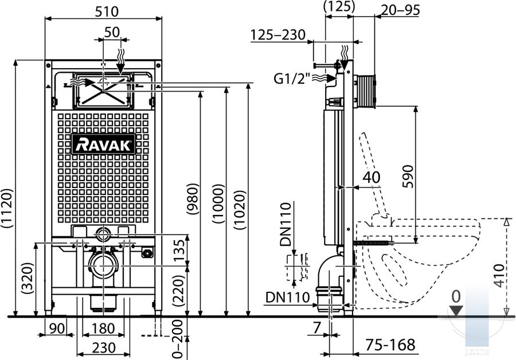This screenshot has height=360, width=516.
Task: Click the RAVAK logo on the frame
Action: pyautogui.click(x=103, y=144)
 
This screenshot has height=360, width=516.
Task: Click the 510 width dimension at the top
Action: pyautogui.click(x=107, y=12)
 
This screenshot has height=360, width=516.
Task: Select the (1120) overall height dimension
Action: pyautogui.click(x=7, y=208)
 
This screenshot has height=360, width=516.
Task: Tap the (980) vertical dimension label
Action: pyautogui.click(x=193, y=199)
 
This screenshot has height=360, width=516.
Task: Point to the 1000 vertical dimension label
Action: pyautogui.click(x=218, y=204)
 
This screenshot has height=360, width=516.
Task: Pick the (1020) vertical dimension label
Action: pyautogui.click(x=240, y=210)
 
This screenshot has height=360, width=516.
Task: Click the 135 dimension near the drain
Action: pyautogui.click(x=179, y=251)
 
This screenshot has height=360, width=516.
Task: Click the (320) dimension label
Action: pyautogui.click(x=28, y=279)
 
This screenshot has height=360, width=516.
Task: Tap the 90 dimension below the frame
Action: pyautogui.click(x=57, y=328)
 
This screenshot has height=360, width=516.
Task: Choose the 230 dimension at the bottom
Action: pyautogui.click(x=104, y=348)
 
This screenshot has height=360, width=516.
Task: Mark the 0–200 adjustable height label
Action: pyautogui.click(x=177, y=339)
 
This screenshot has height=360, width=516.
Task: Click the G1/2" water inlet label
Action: pyautogui.click(x=292, y=79)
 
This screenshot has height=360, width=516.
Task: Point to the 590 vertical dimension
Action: pyautogui.click(x=408, y=177)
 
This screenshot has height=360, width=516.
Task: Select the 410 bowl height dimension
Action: pyautogui.click(x=499, y=275)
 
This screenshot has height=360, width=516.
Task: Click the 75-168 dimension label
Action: pyautogui.click(x=390, y=345)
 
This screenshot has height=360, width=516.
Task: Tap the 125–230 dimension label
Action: pyautogui.click(x=278, y=34)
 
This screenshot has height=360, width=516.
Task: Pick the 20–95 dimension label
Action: pyautogui.click(x=400, y=10)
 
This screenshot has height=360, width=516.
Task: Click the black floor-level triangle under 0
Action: pyautogui.click(x=456, y=311)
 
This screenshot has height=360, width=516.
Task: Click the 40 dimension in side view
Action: pyautogui.click(x=372, y=177)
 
